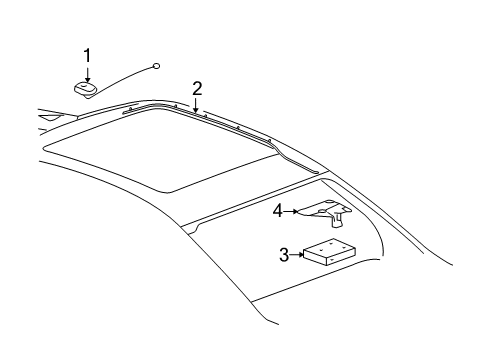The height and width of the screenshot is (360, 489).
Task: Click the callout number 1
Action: click(87, 55)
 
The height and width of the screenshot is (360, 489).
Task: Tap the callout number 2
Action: click(197, 87)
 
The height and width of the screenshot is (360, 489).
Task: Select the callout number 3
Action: click(284, 255)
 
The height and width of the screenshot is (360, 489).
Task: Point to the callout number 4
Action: click(278, 211)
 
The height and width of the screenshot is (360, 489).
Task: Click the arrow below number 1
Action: click(87, 72)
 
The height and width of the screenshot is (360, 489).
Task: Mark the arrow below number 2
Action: click(197, 103)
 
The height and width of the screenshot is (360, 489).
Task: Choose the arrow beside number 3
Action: click(297, 255)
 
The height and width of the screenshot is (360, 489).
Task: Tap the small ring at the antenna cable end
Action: click(157, 66)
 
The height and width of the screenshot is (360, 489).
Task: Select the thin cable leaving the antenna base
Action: click(125, 77)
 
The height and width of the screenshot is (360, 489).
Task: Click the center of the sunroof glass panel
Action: click(160, 150)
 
